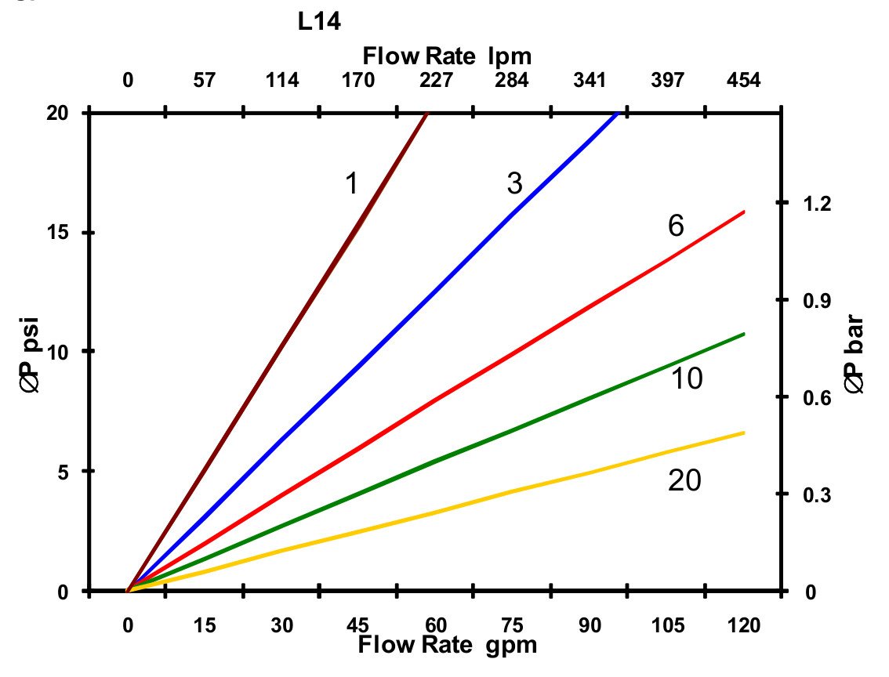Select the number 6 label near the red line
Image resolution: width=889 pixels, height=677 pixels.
point(676,226)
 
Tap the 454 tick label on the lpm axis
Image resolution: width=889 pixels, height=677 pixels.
point(743,81)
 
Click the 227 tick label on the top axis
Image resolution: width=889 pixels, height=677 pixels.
point(436,81)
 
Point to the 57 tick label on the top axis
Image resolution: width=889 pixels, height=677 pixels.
point(205,81)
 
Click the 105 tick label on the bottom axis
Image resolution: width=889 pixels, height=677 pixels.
point(667,625)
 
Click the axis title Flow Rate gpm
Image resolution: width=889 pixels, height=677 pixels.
point(448,646)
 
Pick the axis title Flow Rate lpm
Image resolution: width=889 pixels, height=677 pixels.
point(448,56)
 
